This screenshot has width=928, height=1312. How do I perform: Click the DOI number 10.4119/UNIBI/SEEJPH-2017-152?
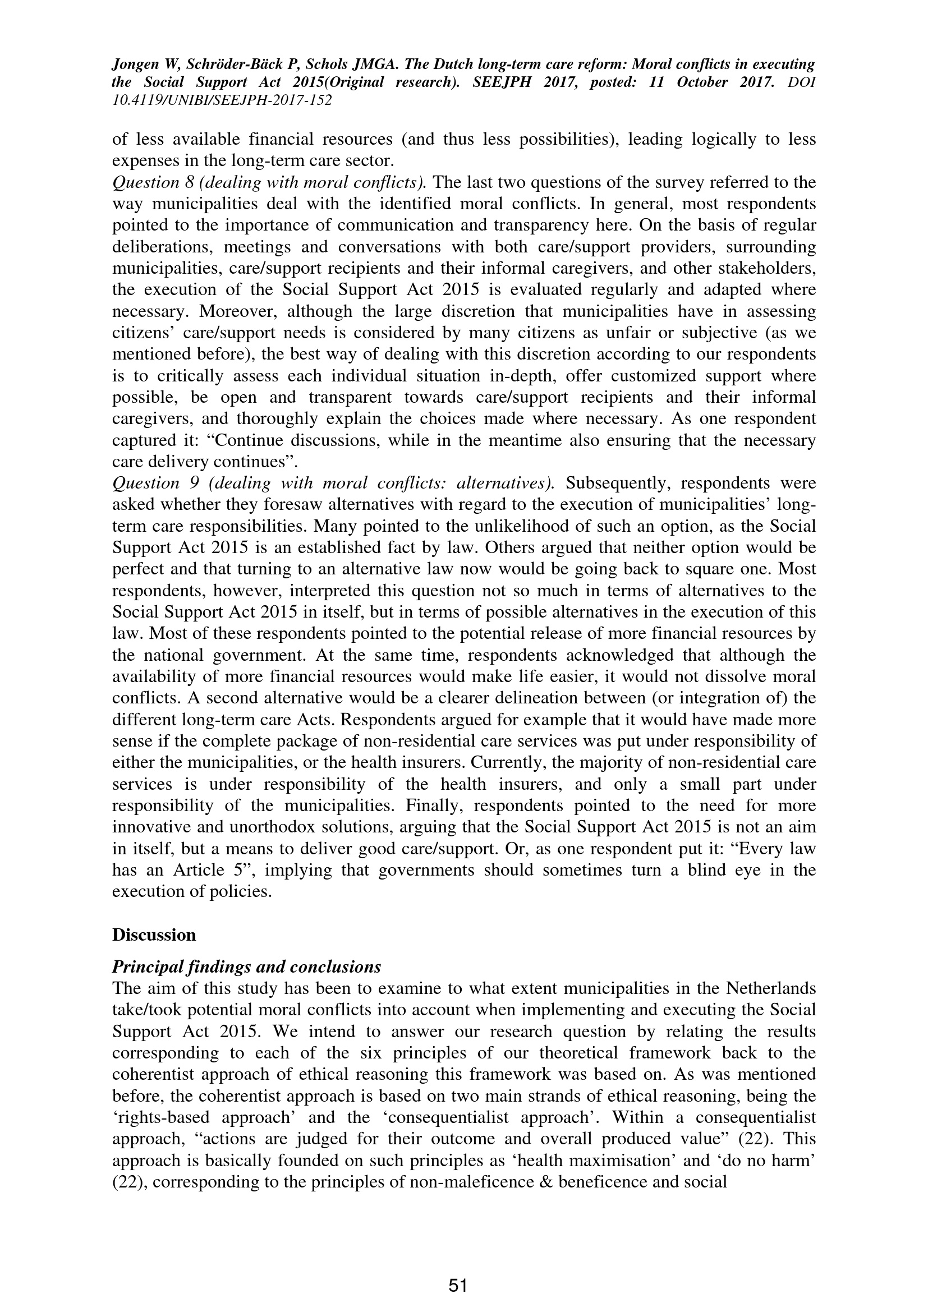tap(222, 100)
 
